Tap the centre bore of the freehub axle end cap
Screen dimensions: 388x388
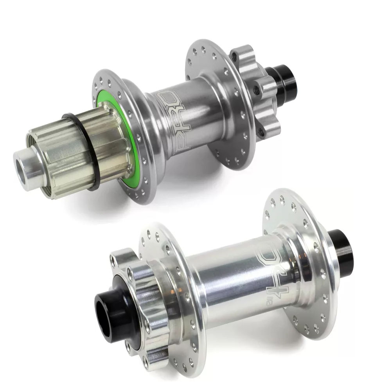pyautogui.click(x=22, y=165)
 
